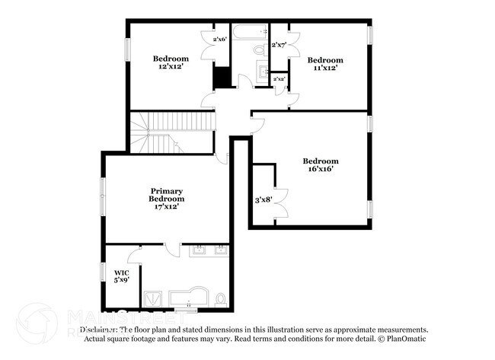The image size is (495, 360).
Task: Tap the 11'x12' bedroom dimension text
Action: click(x=325, y=68)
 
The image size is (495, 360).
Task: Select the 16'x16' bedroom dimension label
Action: click(x=320, y=170)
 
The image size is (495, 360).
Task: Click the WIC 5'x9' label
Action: click(x=122, y=276)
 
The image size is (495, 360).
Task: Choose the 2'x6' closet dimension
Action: click(x=220, y=39)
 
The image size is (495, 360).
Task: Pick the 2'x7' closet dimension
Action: click(x=279, y=45)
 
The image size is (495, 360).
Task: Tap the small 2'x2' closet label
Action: click(x=279, y=78)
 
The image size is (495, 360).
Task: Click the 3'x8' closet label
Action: click(x=263, y=200)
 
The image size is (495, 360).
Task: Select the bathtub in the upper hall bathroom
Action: click(x=250, y=33)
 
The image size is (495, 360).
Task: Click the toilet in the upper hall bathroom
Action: click(x=259, y=51)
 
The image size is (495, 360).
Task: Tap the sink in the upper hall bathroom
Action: click(x=263, y=74)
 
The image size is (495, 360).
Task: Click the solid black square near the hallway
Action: click(x=222, y=78)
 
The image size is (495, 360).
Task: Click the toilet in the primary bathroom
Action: click(x=220, y=298)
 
